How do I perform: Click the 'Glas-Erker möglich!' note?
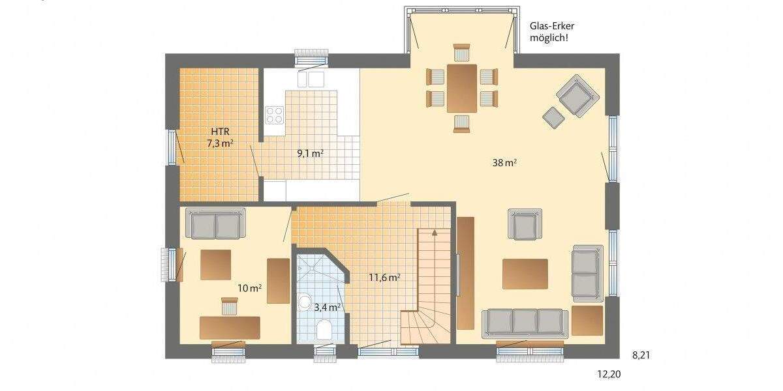551,32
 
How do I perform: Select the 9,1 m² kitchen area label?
311,154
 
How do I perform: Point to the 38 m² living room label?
504,164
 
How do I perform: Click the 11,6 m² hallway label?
384,278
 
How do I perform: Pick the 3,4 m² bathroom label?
328,306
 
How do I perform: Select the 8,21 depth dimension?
642,355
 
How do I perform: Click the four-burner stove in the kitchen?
274,115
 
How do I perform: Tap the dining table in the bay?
462,87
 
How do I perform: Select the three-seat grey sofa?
524,323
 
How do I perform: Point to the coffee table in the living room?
525,274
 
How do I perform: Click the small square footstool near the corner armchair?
553,117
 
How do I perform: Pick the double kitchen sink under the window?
311,79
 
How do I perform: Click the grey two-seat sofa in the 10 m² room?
215,224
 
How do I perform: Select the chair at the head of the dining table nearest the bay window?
462,52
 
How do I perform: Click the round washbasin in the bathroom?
305,302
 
